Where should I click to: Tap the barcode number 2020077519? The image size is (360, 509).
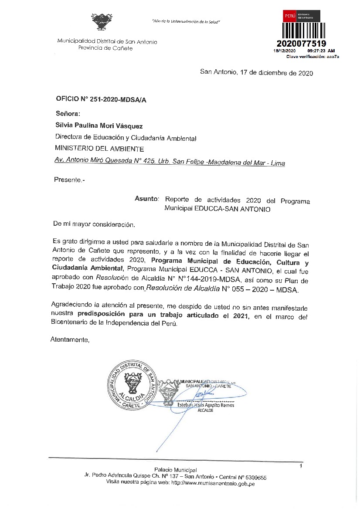coord(302,44)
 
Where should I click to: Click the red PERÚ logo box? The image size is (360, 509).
coord(290,16)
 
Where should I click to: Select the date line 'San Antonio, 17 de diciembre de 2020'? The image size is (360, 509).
coord(256,73)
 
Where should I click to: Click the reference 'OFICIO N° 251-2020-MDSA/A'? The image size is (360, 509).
coord(101,99)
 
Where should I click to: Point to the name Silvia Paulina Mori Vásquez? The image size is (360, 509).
coord(99,126)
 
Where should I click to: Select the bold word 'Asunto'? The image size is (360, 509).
coord(146,199)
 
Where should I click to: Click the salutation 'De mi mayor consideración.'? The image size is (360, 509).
coord(94,224)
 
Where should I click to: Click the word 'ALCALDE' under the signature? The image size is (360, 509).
coord(206,411)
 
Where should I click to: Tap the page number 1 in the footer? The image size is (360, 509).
coord(301,467)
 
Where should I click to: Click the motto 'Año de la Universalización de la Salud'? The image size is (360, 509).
coord(186,21)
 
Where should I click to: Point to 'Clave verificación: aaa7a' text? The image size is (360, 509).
coord(312,57)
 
